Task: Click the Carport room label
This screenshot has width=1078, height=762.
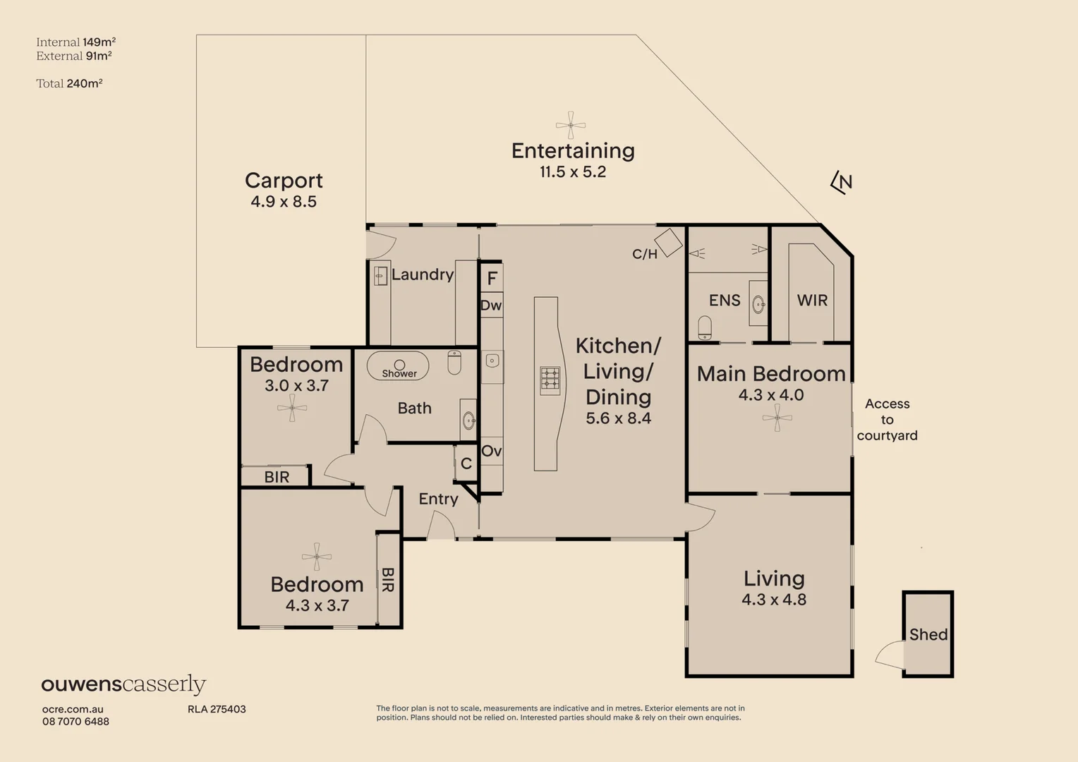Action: [x=284, y=181]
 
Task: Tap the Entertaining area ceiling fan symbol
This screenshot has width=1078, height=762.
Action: [x=570, y=126]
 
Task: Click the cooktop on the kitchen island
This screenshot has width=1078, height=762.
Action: [x=550, y=380]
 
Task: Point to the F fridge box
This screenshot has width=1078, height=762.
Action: [x=492, y=278]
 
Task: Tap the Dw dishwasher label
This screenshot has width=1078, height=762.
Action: [x=491, y=306]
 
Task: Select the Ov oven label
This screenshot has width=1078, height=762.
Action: [x=491, y=451]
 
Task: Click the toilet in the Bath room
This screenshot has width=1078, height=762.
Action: [x=454, y=362]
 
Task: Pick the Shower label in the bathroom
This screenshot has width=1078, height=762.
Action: [x=399, y=373]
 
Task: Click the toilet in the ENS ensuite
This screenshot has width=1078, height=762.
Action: [x=704, y=327]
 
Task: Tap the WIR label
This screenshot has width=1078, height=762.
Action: [x=812, y=301]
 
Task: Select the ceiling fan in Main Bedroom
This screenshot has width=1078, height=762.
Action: [x=777, y=418]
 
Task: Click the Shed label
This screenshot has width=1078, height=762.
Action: [x=928, y=634]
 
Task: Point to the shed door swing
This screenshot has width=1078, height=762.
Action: [x=890, y=655]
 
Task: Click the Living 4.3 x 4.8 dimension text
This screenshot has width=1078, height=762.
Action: [x=773, y=600]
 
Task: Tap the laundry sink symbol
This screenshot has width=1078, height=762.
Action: [x=380, y=276]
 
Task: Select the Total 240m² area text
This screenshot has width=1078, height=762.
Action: [x=69, y=83]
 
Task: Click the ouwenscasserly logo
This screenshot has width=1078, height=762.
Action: [x=123, y=684]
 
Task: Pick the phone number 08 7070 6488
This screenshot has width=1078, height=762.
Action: [x=75, y=721]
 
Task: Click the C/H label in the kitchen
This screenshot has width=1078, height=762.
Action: [x=644, y=254]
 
